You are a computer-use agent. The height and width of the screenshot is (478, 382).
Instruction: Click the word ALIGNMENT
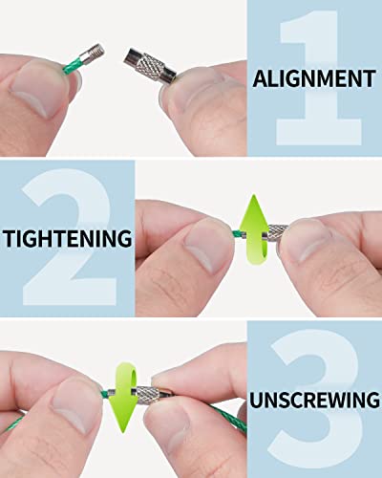314,78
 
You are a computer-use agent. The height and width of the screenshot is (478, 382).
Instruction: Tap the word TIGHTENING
68,238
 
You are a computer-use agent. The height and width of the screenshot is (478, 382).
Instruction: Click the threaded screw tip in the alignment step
99,51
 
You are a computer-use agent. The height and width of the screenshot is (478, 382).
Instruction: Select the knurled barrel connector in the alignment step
150,66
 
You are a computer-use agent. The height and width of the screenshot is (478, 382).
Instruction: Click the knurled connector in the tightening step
275,232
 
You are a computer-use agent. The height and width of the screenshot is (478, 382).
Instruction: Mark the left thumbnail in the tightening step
208,246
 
